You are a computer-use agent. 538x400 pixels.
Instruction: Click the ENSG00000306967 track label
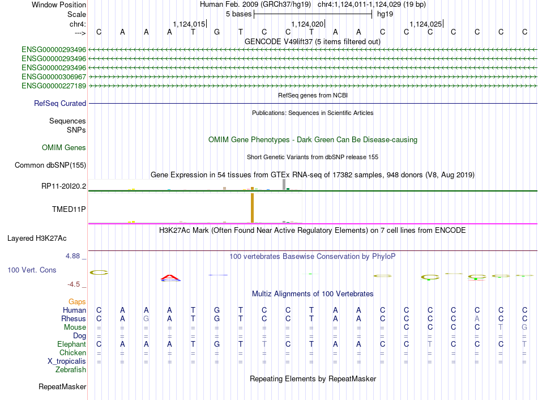pos(54,76)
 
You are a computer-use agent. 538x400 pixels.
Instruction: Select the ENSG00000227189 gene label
pos(54,86)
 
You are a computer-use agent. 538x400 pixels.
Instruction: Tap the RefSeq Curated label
pos(60,103)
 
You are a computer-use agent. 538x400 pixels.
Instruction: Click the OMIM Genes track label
pos(64,148)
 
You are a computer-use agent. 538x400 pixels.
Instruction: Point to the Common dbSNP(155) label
pos(50,165)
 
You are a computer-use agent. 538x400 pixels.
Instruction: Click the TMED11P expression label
pos(69,209)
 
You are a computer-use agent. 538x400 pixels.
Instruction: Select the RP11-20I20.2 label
pos(64,186)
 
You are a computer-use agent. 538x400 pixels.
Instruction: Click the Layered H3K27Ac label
pos(37,239)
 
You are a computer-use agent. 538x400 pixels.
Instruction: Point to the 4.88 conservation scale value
pos(72,256)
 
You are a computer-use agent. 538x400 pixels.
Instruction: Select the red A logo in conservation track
pos(170,278)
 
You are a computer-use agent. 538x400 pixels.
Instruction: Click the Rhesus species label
pos(74,318)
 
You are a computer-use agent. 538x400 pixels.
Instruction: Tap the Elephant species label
pos(72,344)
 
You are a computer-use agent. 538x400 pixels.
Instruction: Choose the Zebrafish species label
pos(71,370)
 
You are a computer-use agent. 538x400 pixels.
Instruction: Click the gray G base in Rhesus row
pos(146,318)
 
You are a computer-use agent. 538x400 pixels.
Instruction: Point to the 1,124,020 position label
pos(308,24)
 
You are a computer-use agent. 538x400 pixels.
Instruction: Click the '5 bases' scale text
pos(239,14)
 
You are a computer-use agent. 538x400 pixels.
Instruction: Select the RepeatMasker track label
pos(62,386)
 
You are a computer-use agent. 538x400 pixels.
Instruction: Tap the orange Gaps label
pos(77,302)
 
